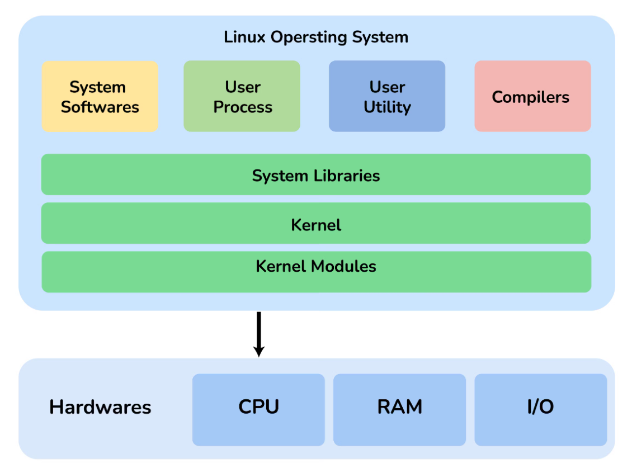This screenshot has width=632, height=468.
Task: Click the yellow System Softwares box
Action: (x=100, y=96)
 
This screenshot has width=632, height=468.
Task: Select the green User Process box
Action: (x=242, y=96)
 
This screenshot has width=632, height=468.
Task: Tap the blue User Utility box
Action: (x=386, y=96)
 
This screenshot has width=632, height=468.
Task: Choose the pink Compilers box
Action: (x=532, y=96)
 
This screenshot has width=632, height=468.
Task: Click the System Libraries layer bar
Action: (x=315, y=175)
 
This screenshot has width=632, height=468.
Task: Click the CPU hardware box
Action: (x=258, y=409)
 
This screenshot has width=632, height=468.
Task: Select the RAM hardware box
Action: (x=399, y=409)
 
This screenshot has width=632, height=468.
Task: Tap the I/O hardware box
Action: (x=540, y=409)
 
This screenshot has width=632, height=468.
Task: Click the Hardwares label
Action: (x=100, y=407)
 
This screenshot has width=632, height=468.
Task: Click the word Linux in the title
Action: (x=245, y=37)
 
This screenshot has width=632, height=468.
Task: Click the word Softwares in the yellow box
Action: (x=100, y=107)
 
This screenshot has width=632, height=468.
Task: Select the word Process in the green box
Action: (x=243, y=107)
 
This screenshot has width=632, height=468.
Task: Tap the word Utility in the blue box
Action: (x=387, y=107)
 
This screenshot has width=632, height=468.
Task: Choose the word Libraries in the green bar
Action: (x=346, y=176)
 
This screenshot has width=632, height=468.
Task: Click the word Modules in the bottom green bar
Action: (x=343, y=266)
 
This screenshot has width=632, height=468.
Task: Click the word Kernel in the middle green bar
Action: (x=316, y=225)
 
